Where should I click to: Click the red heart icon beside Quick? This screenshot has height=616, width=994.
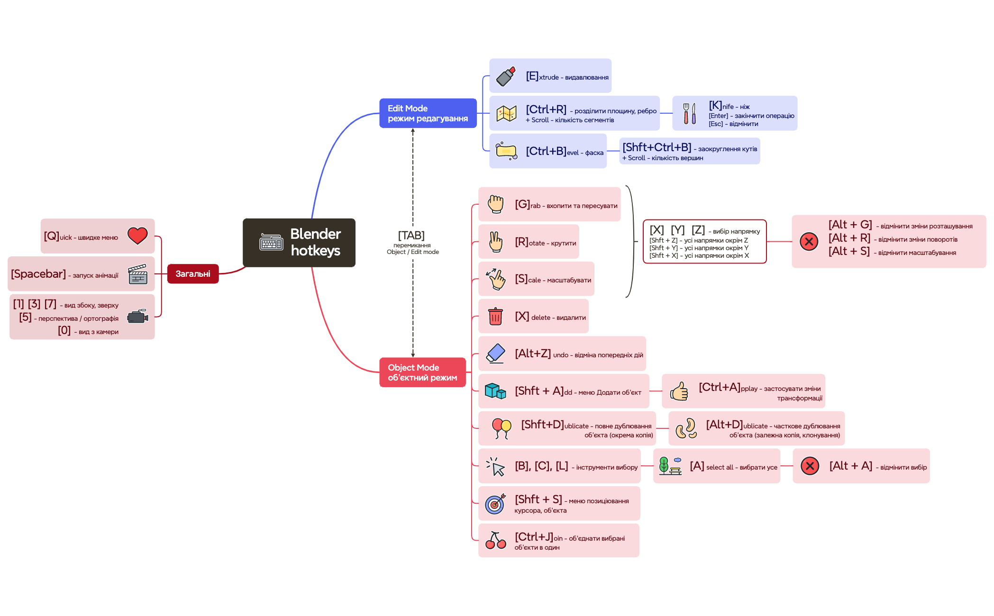(137, 236)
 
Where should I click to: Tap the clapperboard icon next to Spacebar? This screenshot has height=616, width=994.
(138, 274)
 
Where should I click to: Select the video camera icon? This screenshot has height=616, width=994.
(138, 316)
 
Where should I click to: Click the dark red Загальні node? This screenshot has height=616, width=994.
(193, 274)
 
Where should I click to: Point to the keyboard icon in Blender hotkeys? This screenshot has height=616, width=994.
(271, 242)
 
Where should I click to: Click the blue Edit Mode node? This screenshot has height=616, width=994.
(428, 113)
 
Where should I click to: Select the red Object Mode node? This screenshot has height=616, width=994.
(422, 372)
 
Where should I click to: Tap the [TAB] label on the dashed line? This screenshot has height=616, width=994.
(411, 236)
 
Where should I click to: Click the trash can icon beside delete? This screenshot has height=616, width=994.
(495, 316)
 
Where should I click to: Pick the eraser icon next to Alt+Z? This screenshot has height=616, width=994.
(496, 353)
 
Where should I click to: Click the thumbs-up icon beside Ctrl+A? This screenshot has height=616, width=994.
(679, 391)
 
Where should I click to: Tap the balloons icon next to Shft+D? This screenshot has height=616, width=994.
(501, 428)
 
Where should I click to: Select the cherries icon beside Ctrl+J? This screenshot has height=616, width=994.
(496, 540)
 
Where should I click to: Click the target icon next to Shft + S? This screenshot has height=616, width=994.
(495, 504)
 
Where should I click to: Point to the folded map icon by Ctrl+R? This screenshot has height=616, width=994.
(506, 113)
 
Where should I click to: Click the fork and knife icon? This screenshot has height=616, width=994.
(689, 113)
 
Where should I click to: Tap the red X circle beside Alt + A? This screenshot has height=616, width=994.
(810, 466)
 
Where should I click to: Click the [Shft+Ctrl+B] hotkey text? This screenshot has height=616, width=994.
(657, 147)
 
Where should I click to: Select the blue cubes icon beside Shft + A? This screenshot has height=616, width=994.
(495, 391)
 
